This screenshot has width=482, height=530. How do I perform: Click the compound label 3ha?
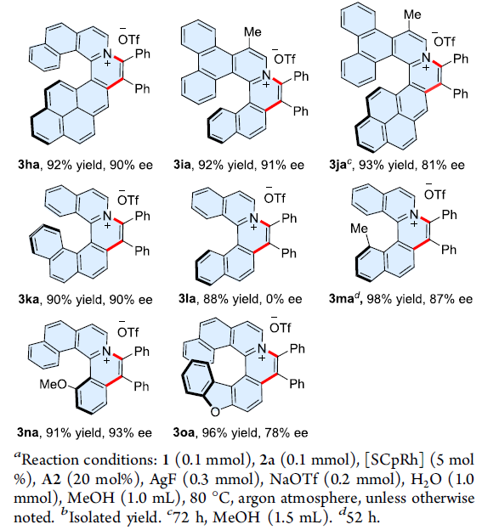[x=29, y=165]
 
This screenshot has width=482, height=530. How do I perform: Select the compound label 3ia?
[x=182, y=165]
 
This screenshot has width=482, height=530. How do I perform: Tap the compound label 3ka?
[x=29, y=300]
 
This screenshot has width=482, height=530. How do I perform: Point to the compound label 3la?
[x=187, y=299]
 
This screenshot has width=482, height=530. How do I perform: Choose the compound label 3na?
[x=28, y=432]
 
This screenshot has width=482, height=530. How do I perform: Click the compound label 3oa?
[x=184, y=432]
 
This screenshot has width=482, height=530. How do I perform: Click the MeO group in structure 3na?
[x=53, y=384]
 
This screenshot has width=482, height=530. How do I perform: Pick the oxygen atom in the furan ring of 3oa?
[x=215, y=411]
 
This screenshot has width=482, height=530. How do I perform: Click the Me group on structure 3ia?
[x=252, y=31]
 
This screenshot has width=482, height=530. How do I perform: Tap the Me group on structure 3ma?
[x=359, y=228]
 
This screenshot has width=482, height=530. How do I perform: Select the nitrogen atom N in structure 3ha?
[x=107, y=54]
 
